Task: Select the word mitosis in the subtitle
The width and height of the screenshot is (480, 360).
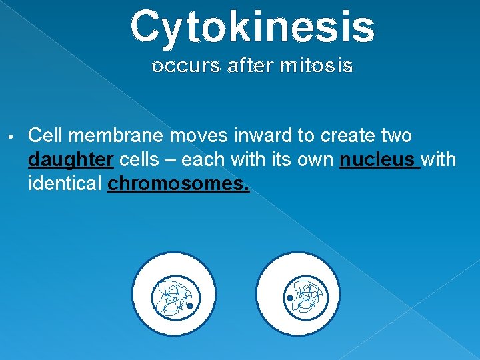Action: [317, 66]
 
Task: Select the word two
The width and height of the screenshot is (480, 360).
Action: [397, 136]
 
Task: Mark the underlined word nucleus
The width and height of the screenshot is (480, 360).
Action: [377, 161]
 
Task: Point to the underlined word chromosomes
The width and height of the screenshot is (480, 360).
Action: [178, 183]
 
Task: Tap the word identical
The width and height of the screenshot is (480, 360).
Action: [65, 183]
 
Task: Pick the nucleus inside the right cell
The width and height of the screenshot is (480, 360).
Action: [302, 297]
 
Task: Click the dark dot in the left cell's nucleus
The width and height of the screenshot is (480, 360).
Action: [190, 306]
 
